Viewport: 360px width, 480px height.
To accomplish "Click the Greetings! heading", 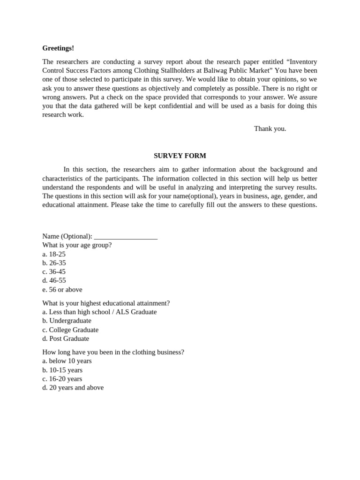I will pos(58,48).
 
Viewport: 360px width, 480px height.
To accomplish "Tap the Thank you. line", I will pos(270,128).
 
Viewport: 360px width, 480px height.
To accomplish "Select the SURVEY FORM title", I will pos(180,156).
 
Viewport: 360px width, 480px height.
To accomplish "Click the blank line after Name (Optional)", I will pos(126,237).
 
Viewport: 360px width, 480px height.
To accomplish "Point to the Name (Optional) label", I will pos(67,236).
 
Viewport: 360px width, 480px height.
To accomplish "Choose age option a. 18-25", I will pos(54,254).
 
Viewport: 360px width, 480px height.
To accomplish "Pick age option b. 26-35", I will pos(54,263).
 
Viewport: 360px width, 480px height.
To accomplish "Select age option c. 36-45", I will pos(54,272).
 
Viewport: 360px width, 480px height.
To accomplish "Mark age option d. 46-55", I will pos(54,280).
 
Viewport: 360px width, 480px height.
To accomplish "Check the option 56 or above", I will pos(62,290).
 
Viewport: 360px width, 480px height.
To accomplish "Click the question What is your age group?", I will pos(77,245).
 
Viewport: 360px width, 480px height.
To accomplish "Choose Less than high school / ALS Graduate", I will pos(99,312).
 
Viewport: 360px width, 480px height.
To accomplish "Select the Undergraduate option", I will pos(67,321).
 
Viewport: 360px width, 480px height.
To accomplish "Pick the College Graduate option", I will pos(70,330).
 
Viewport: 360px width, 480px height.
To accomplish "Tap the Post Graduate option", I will pos(66,338).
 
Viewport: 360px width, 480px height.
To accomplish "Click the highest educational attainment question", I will pos(106,303).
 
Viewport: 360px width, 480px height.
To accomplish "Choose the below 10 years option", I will pos(67,361).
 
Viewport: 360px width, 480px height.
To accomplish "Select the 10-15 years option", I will pos(62,370).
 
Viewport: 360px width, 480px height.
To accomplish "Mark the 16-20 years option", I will pos(62,379).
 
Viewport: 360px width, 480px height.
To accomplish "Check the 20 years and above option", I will pos(73,388).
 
